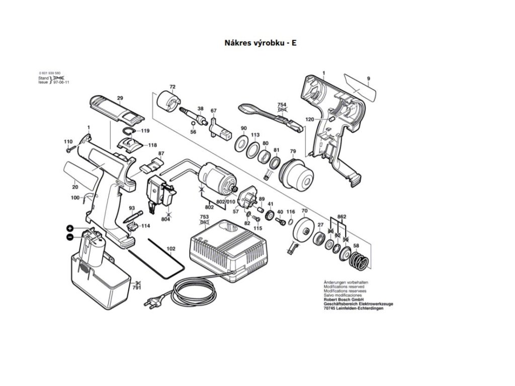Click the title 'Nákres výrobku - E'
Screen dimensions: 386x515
[x=260, y=43]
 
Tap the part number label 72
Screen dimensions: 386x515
[x=173, y=87]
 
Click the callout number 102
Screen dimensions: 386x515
[x=171, y=248]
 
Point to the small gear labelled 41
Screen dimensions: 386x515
[x=269, y=216]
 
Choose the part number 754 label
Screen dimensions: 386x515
[x=282, y=105]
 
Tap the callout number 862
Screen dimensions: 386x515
[x=342, y=216]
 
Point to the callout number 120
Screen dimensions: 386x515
[x=310, y=119]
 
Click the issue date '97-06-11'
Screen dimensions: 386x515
[x=61, y=82]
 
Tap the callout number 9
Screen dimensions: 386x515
[x=369, y=78]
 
